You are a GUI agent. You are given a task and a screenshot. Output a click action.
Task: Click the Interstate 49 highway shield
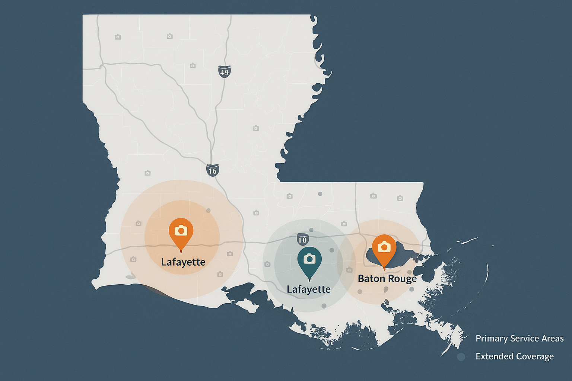pos(224,72)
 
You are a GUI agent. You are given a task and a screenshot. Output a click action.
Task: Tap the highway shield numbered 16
pos(212,170)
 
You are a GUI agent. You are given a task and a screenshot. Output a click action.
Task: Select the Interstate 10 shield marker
pos(302,239)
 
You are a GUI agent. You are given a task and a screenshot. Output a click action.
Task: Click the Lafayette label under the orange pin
pos(183,262)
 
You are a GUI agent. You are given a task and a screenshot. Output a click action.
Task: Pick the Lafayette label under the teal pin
pos(309,289)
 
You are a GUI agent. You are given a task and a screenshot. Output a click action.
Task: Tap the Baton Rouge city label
pos(387,279)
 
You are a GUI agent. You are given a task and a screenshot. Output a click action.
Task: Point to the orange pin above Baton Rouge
pos(384,250)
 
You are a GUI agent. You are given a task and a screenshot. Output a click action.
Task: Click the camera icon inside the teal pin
pos(309,259)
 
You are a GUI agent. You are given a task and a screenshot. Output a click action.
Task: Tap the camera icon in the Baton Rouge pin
pos(384,247)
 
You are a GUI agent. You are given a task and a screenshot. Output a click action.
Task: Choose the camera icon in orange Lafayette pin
pos(181,230)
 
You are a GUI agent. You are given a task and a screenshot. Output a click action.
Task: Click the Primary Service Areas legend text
pos(519,339)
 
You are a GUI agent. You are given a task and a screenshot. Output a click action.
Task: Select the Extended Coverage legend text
pos(515,356)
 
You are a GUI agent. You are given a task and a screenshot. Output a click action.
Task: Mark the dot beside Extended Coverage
pos(461,357)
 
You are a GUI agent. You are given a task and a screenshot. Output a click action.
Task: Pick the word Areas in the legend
pos(552,339)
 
